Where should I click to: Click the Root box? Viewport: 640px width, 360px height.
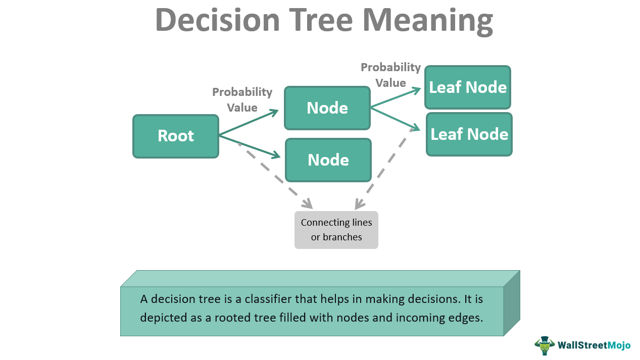click(176, 136)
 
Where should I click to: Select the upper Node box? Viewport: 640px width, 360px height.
click(327, 108)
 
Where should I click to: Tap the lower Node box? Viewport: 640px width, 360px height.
click(328, 160)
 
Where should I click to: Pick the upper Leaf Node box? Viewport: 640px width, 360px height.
click(468, 87)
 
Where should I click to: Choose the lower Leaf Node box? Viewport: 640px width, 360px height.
click(469, 134)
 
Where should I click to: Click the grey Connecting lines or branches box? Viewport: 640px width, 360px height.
click(336, 230)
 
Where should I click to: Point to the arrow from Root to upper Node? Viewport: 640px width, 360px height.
click(249, 122)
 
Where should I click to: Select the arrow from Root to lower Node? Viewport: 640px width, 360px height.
click(249, 146)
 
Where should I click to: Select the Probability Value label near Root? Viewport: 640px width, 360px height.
click(242, 99)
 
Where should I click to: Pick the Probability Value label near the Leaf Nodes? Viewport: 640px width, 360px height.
click(390, 75)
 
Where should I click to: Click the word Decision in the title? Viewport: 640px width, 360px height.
click(217, 20)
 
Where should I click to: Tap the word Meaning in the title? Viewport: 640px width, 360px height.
click(427, 20)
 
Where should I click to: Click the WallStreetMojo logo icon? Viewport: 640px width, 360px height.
click(544, 345)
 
